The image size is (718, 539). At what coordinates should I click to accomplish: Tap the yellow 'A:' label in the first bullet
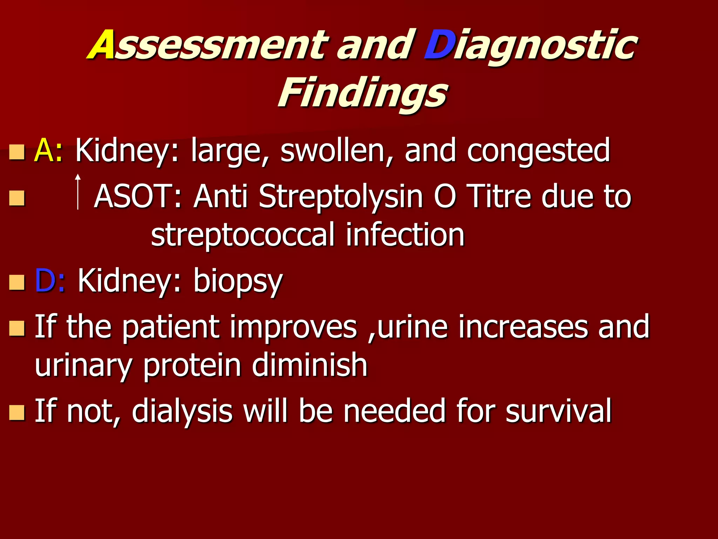click(x=48, y=150)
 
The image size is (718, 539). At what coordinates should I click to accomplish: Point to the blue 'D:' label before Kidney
click(x=50, y=280)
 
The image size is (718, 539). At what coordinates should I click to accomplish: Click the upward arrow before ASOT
click(x=78, y=192)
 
